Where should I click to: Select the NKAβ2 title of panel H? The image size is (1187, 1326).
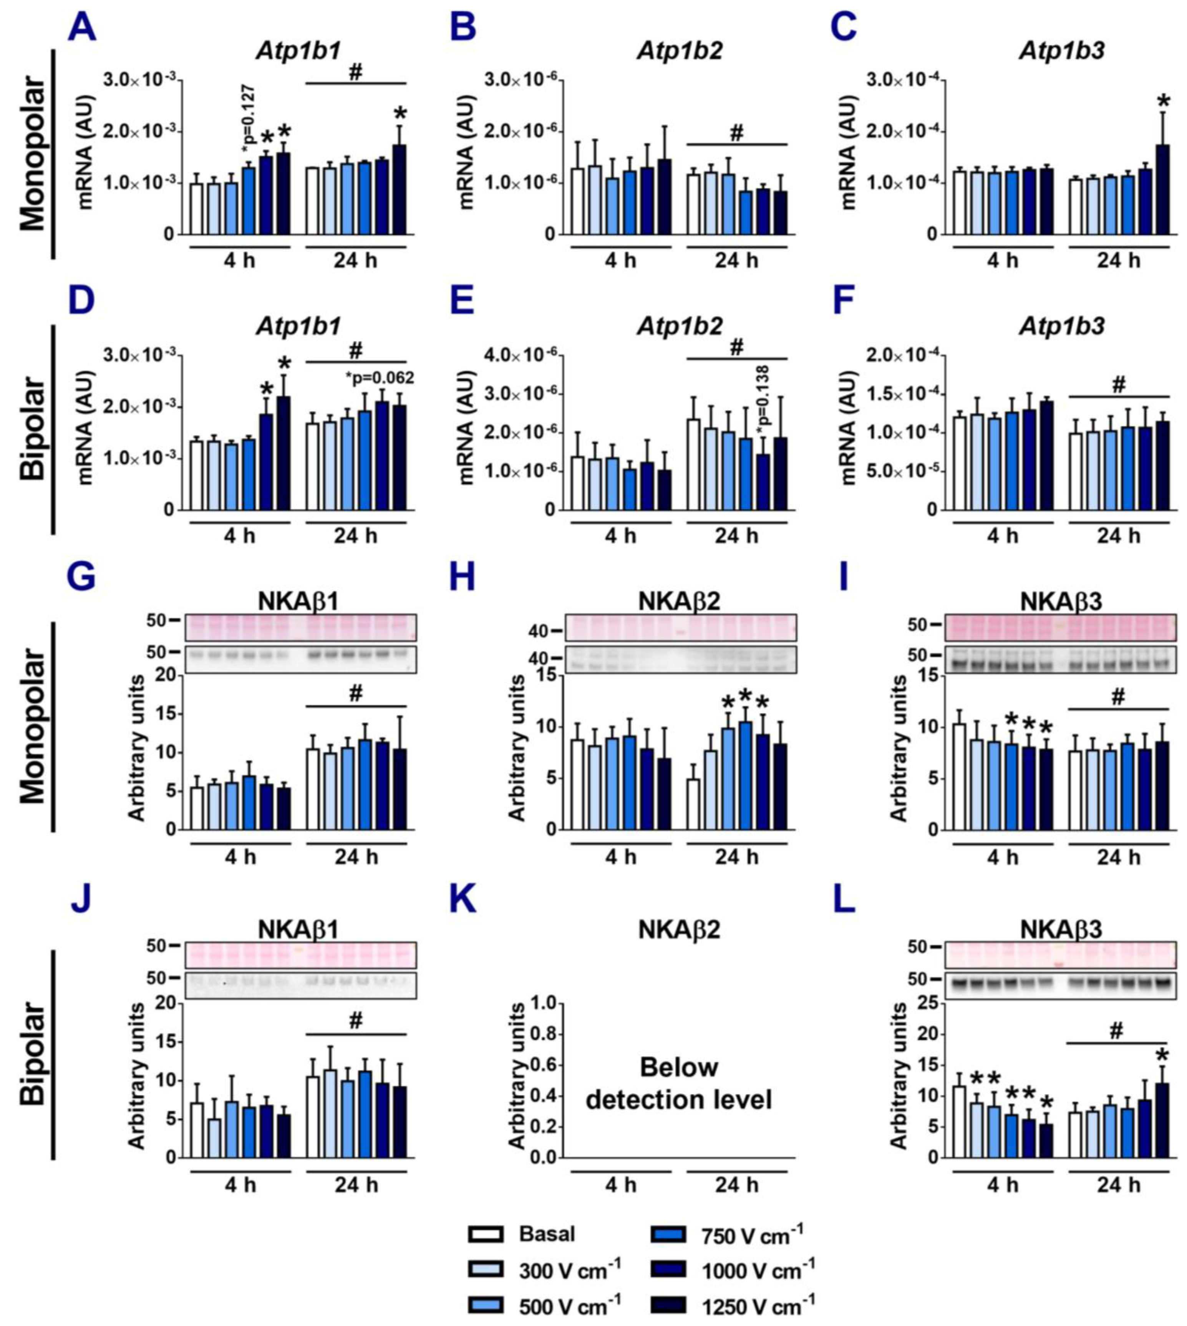[679, 602]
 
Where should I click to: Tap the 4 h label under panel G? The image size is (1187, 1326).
[240, 856]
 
